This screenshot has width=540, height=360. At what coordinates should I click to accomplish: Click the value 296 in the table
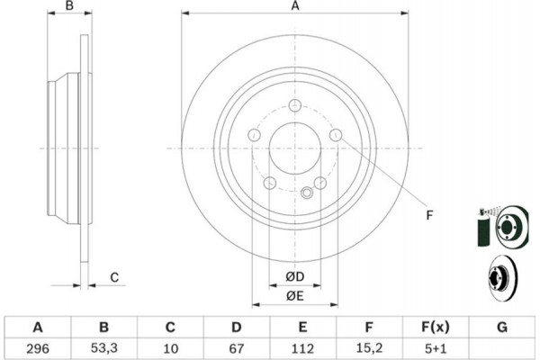coord(38,348)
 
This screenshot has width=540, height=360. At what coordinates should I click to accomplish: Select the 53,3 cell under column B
coord(104,348)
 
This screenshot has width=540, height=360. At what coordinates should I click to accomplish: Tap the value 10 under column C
coord(170,348)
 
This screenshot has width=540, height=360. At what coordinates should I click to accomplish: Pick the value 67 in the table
coord(236,348)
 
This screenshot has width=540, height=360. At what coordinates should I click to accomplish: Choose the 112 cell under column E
coord(302,348)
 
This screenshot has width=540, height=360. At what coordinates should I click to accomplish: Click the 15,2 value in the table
coord(369,348)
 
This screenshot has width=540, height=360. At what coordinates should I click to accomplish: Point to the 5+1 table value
coord(436,348)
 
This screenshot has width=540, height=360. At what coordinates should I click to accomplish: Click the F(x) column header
coord(436,328)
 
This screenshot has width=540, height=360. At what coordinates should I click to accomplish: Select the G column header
coord(502,327)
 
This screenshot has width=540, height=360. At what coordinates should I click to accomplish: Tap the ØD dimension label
coord(295,276)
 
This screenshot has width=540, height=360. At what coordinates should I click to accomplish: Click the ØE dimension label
coord(295,295)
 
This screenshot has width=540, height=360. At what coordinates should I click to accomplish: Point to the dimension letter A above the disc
coord(295,6)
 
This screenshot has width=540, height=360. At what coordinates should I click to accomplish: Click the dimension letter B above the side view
coord(69,6)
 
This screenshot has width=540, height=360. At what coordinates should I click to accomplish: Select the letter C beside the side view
coord(114,277)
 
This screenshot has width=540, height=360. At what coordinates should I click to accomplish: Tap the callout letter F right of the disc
coord(429,215)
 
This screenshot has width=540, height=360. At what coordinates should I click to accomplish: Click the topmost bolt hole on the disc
coord(295,105)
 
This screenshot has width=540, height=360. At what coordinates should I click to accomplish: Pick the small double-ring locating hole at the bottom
coord(307,193)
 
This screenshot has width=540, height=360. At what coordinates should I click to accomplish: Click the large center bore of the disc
coord(295,148)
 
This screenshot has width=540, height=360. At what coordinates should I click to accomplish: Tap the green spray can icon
coord(484,228)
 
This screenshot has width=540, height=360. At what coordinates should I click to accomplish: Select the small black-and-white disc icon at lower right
coord(500,277)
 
